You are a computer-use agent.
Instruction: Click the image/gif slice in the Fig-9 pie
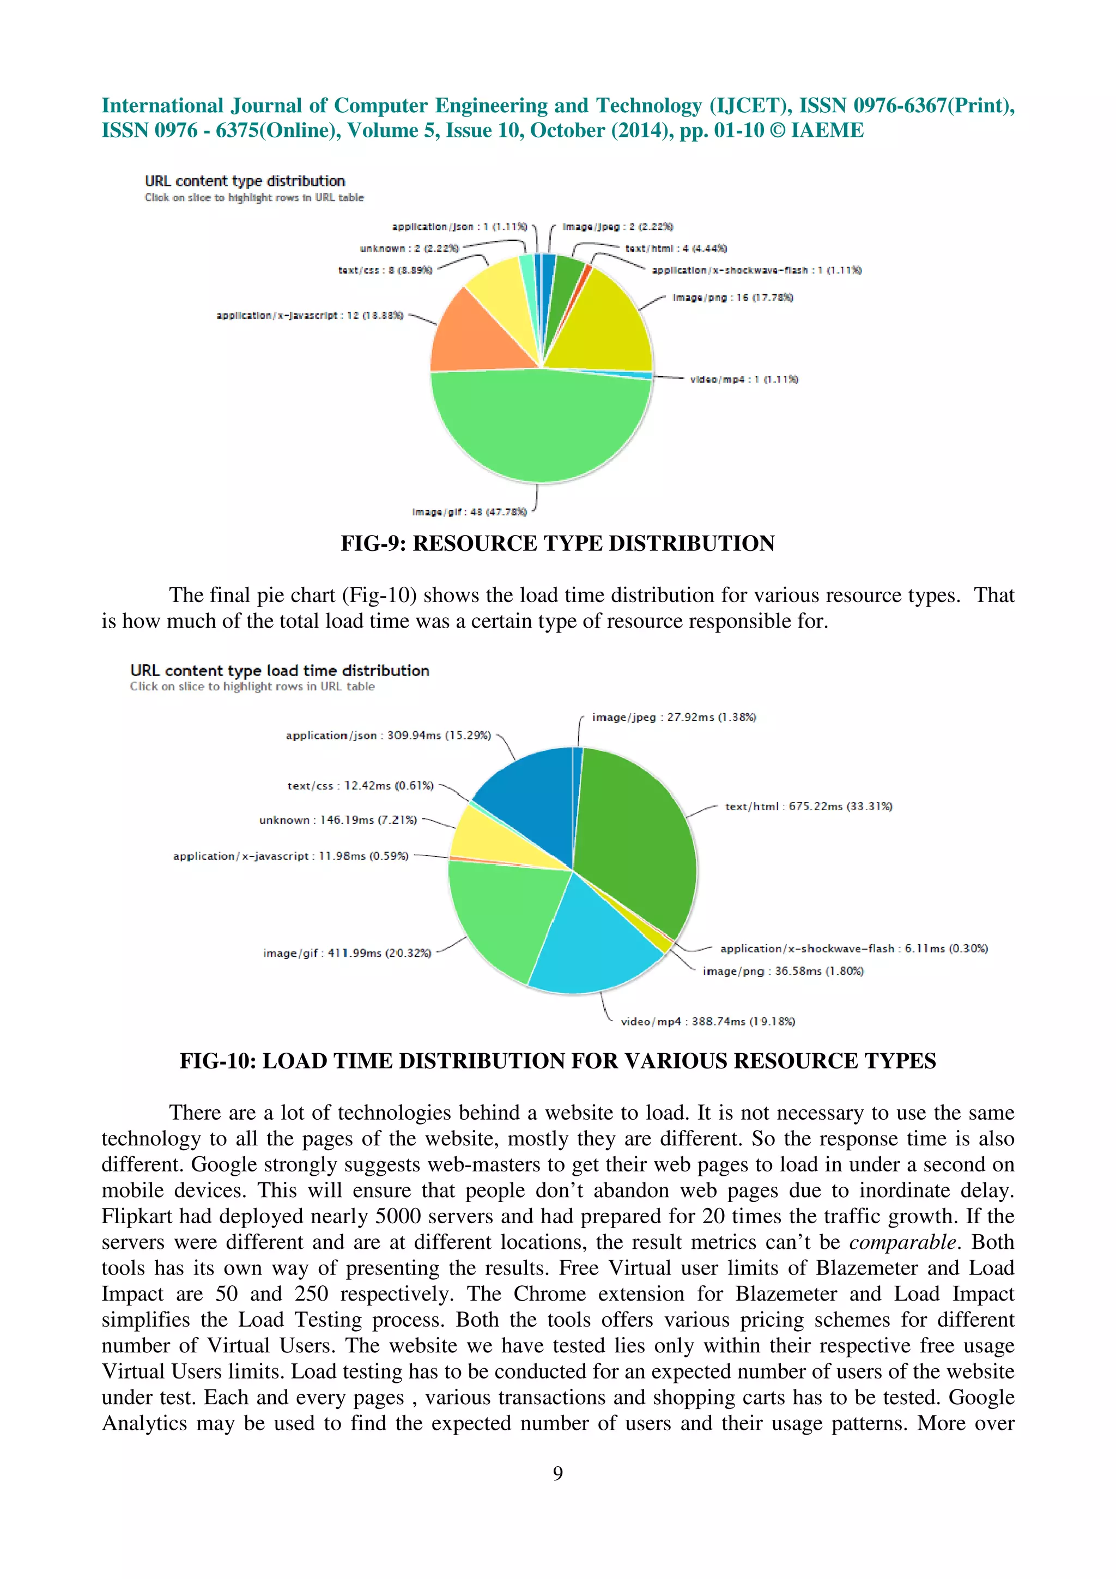coord(541,427)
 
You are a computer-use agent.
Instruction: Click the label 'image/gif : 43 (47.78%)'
coord(470,512)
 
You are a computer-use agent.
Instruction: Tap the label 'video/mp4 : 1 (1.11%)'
coord(744,380)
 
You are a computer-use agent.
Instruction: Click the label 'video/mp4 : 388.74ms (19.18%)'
coord(707,1021)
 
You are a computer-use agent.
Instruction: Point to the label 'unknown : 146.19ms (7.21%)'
coord(338,820)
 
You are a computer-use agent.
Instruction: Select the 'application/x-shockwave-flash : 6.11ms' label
coord(853,949)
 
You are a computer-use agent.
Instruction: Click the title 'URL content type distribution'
coord(245,181)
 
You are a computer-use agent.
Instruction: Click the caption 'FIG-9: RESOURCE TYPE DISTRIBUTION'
coord(557,543)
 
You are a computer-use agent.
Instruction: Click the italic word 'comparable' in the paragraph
coord(902,1242)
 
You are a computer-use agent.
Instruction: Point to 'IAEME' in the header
coord(827,130)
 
